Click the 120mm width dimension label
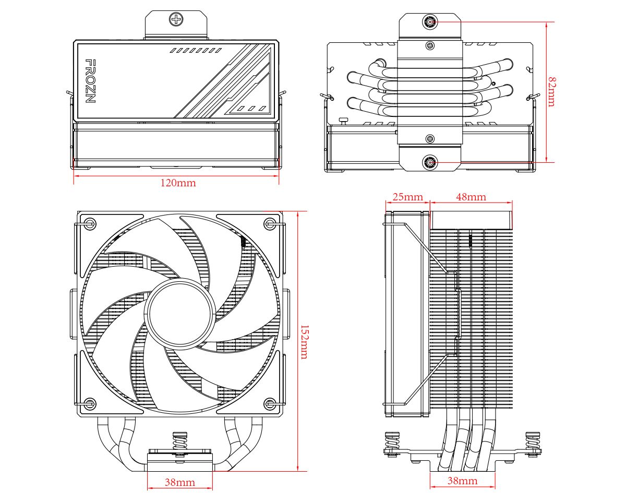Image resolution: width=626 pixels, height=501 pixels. click(x=178, y=183)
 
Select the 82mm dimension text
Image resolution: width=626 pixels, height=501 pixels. click(x=551, y=92)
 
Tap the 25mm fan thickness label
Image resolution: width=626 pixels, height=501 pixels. click(x=407, y=197)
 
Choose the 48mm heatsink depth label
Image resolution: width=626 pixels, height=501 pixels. click(x=471, y=197)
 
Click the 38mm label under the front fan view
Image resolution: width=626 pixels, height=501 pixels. click(x=180, y=482)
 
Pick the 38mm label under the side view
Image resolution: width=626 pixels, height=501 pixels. click(x=462, y=481)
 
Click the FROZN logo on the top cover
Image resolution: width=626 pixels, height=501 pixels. click(x=90, y=81)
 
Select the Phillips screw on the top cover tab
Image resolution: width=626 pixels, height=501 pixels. click(x=176, y=20)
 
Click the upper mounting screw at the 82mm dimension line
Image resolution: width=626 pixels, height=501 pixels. click(x=430, y=22)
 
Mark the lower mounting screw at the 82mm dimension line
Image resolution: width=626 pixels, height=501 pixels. click(x=430, y=162)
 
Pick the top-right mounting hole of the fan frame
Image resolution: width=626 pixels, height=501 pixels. click(x=269, y=223)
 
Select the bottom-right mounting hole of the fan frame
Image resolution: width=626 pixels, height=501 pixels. click(x=269, y=403)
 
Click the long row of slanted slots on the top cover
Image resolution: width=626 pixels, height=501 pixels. click(x=196, y=51)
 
